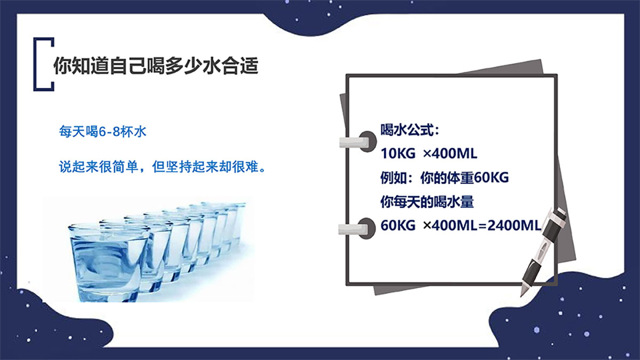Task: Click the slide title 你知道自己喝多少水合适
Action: point(156,66)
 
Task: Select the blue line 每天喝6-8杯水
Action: point(102,132)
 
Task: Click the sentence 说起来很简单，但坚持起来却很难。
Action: point(163,166)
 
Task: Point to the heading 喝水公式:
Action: point(410,130)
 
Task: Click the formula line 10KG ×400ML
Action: point(429,154)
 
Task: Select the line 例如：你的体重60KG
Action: point(445,178)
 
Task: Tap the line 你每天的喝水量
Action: point(427,202)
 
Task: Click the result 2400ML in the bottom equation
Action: point(514,226)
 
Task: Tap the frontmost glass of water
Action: point(108,262)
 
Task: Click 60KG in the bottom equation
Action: point(398,226)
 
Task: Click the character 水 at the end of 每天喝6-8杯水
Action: point(140,132)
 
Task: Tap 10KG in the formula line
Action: point(398,154)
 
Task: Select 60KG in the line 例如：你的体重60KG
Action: point(491,178)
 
